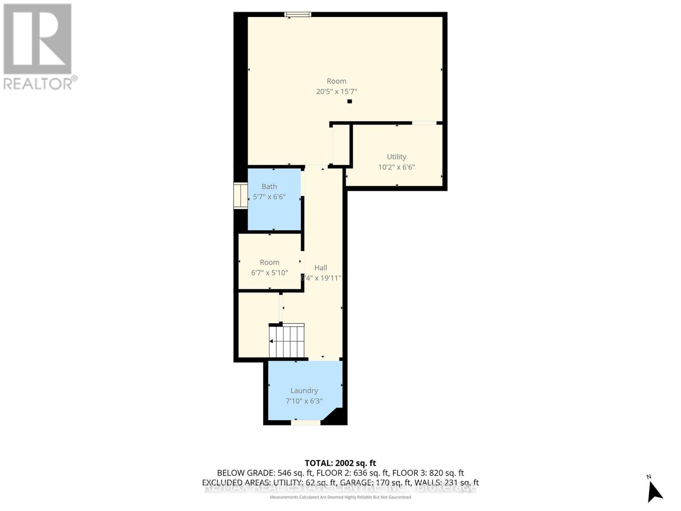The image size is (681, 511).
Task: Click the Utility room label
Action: [396, 157]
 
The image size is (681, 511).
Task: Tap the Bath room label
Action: [269, 187]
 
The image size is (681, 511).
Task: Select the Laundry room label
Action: [304, 390]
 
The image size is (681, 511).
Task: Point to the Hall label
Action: [320, 268]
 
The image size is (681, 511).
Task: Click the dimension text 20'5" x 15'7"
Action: [336, 92]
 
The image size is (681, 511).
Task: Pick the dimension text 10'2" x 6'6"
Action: [396, 167]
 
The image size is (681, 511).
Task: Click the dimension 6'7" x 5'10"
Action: [269, 273]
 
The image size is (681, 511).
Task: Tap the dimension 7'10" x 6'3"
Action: [304, 401]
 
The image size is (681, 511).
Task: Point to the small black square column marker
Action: [349, 101]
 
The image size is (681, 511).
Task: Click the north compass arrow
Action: [654, 492]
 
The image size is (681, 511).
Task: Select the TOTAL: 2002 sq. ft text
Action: [340, 463]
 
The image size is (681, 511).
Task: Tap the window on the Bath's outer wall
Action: [240, 196]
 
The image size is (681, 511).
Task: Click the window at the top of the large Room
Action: [298, 14]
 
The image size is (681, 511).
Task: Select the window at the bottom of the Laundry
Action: [306, 423]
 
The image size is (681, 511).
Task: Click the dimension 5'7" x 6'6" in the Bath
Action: [269, 197]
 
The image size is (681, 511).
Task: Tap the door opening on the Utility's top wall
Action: [424, 123]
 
